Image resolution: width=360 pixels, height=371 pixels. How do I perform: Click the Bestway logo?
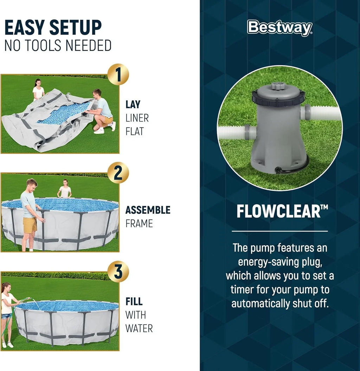tap(279, 28)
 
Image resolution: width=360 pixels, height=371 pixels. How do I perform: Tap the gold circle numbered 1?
tap(118, 74)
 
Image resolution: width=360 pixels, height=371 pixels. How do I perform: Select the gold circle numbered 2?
tap(118, 173)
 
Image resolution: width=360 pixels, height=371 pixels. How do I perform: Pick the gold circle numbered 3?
tap(118, 271)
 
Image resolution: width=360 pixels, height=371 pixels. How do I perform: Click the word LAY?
tap(133, 104)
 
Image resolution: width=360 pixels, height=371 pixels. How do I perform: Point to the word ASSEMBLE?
tap(148, 210)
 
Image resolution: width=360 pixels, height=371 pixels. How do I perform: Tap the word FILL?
tap(134, 301)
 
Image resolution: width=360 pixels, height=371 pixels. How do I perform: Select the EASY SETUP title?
tap(53, 28)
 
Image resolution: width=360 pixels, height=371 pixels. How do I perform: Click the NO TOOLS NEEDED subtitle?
tap(58, 46)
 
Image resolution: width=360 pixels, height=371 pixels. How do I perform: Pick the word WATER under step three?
tap(139, 328)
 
